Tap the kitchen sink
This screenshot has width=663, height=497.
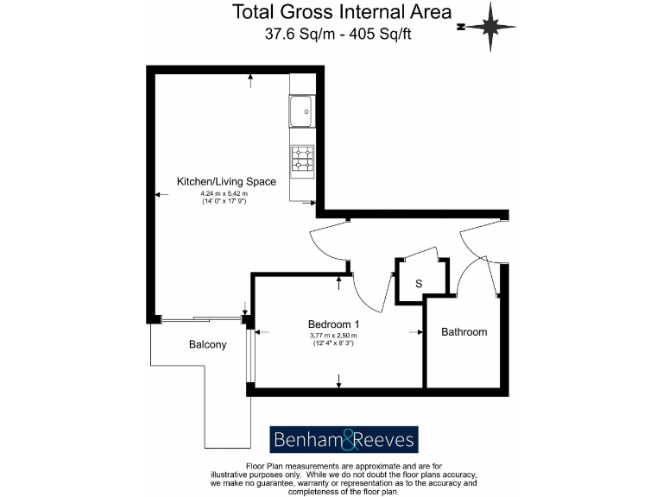[302, 110]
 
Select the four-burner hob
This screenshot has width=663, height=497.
[303, 159]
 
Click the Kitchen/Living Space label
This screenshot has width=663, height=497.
[226, 182]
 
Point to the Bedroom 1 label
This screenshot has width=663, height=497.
[333, 324]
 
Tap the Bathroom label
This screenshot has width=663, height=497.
[464, 332]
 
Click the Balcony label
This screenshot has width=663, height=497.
[207, 345]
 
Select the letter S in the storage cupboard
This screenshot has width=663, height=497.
[419, 284]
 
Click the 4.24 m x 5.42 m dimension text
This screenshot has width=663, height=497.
[224, 194]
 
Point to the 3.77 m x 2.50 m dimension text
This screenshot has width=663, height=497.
[333, 336]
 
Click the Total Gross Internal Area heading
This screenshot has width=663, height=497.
[342, 12]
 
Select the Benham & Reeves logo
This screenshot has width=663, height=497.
[344, 440]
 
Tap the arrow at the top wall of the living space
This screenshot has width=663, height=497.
[250, 79]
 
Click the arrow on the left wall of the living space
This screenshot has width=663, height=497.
[161, 196]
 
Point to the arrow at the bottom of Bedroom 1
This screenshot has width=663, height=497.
[338, 381]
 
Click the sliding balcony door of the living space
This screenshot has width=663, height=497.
[200, 319]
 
